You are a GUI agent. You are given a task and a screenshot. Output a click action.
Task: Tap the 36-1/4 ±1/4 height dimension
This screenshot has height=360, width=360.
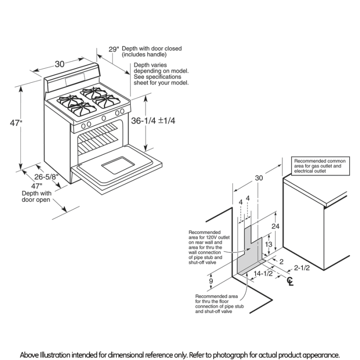point(153,121)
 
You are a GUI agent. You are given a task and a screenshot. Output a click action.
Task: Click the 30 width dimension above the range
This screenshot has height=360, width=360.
point(59,64)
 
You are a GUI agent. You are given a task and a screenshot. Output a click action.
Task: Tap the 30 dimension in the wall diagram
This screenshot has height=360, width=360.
point(258,178)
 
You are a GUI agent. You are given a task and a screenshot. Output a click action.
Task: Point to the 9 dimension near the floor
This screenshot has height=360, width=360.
point(211,282)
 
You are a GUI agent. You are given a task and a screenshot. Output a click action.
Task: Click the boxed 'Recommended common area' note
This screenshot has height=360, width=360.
point(319,166)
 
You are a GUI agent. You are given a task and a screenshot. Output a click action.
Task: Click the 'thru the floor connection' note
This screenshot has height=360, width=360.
point(220,304)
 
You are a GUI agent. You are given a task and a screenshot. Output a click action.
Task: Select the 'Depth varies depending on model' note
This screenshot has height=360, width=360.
point(161,74)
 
